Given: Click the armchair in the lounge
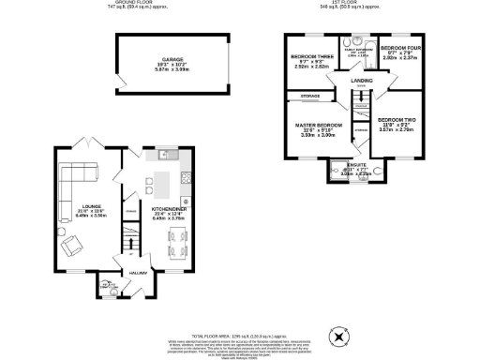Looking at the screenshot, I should pos(71,246).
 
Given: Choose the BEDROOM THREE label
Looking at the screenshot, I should pos(310,57).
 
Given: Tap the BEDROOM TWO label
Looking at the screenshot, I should pos(396,120).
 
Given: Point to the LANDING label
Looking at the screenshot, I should pos(362,82).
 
